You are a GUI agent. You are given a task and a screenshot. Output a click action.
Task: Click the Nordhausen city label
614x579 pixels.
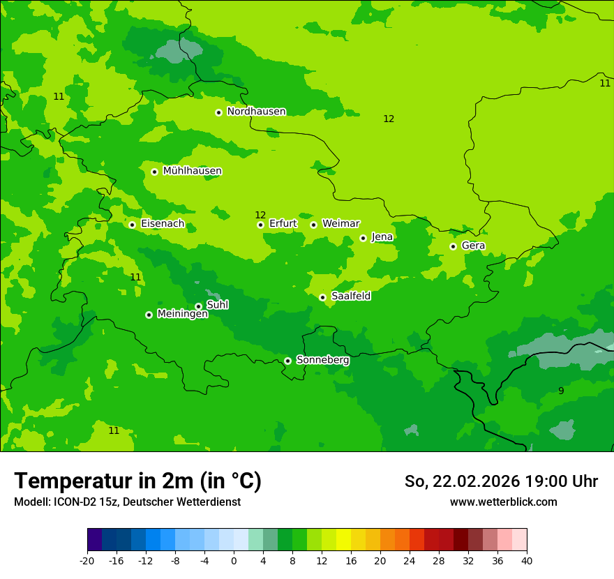coord(256,112)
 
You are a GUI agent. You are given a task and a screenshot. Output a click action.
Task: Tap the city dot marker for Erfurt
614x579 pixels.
coord(260,225)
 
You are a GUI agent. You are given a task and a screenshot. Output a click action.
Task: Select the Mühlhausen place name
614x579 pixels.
coord(192,171)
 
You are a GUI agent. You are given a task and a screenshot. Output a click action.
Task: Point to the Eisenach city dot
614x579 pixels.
coord(132,225)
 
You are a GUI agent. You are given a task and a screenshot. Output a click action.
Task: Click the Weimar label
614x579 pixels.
coord(340,224)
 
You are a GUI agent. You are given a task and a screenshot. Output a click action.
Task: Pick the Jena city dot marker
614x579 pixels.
coord(363,238)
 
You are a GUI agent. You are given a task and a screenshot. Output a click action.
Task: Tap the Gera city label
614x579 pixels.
coord(473,246)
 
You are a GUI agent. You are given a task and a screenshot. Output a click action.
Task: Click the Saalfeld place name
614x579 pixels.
coord(350,296)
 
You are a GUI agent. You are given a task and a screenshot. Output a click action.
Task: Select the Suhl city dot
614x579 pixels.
coord(198,306)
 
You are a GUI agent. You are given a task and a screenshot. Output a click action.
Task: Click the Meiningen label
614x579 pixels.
coord(182,314)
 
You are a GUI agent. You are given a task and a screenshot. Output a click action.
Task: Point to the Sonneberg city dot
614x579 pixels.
coord(287,361)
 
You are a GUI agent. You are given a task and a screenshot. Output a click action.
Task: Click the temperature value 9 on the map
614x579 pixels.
coord(561,391)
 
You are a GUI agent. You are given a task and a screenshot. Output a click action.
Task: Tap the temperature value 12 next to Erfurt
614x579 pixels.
coord(260,215)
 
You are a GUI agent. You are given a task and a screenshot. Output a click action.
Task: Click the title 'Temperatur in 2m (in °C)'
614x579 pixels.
coord(137,481)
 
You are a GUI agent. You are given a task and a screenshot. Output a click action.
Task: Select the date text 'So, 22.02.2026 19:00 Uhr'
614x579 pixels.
coord(501,481)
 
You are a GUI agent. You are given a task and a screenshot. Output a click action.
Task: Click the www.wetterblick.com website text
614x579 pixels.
coord(503,502)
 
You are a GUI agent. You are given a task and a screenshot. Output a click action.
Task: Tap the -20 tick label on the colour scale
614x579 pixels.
coord(87,560)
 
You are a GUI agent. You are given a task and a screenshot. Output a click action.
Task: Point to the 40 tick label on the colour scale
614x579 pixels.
coord(526,560)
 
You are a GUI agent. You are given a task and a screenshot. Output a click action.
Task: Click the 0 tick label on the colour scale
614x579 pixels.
coord(234,560)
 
